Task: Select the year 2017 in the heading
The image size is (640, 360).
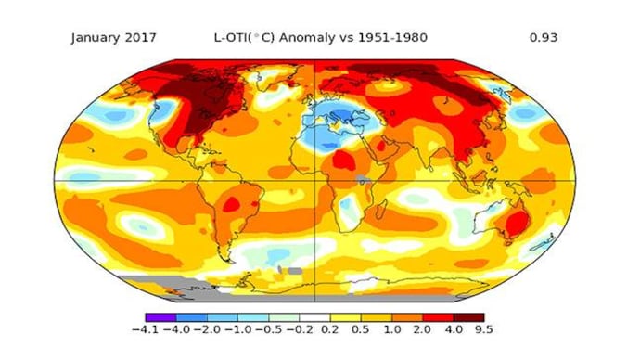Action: point(139,38)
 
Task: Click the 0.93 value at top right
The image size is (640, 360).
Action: point(542,38)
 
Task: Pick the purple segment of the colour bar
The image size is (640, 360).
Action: point(160,316)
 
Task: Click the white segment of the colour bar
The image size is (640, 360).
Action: point(315,316)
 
